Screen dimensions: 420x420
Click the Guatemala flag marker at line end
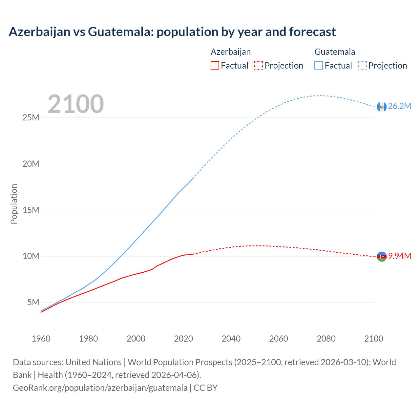382,107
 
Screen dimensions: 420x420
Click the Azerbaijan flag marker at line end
382,257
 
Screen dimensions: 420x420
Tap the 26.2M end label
399,106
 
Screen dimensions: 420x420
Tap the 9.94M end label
400,256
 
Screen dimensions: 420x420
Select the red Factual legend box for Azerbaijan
215,65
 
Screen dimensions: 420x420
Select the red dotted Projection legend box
259,65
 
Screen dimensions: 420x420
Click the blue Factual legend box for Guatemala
319,65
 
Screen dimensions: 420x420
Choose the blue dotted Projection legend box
363,65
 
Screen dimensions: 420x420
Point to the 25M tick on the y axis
31,117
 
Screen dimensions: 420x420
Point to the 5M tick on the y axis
33,302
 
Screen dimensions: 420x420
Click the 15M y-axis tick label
31,210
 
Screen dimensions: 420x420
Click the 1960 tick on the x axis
41,339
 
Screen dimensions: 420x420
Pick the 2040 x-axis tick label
231,339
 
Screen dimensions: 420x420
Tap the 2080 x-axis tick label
326,339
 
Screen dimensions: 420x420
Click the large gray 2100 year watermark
76,104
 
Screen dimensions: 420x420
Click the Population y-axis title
14,204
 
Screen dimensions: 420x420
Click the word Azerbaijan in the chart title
40,32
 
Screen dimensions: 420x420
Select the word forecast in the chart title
312,32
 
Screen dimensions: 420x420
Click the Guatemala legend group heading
335,52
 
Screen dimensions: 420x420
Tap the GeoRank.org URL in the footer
100,388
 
